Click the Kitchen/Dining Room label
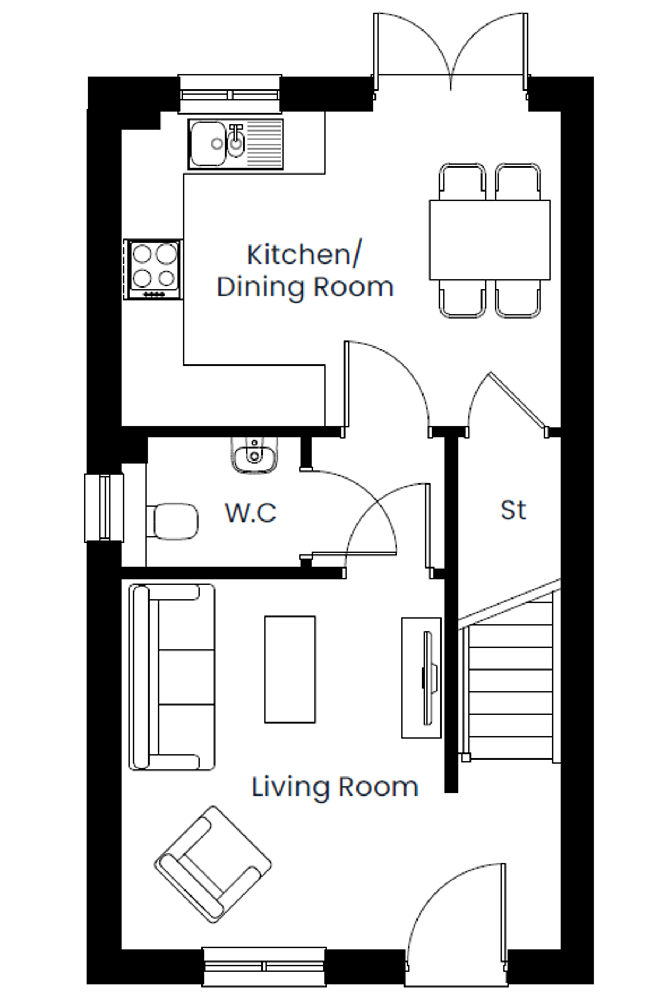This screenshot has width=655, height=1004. pos(305,271)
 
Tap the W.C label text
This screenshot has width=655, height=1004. pos(251,512)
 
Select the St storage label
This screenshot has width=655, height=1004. pos(513,510)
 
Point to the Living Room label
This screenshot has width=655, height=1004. pos(335,787)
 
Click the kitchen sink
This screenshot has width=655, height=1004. pos(236,144)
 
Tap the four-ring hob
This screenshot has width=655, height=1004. pos(153,269)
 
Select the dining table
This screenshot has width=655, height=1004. pos(490,240)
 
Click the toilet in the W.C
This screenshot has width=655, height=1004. pos(172,521)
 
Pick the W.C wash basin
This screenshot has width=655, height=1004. pos(254,455)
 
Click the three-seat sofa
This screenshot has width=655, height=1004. pos(171,677)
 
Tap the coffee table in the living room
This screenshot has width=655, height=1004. pos(290,670)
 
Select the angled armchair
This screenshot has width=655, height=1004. pos(213,864)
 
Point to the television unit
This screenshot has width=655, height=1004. pos(421,678)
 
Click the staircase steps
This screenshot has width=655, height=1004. pos(511,677)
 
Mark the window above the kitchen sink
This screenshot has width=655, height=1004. pos(230,94)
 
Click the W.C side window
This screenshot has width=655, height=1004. pos(104,508)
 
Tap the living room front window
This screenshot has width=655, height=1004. pos(264,966)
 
